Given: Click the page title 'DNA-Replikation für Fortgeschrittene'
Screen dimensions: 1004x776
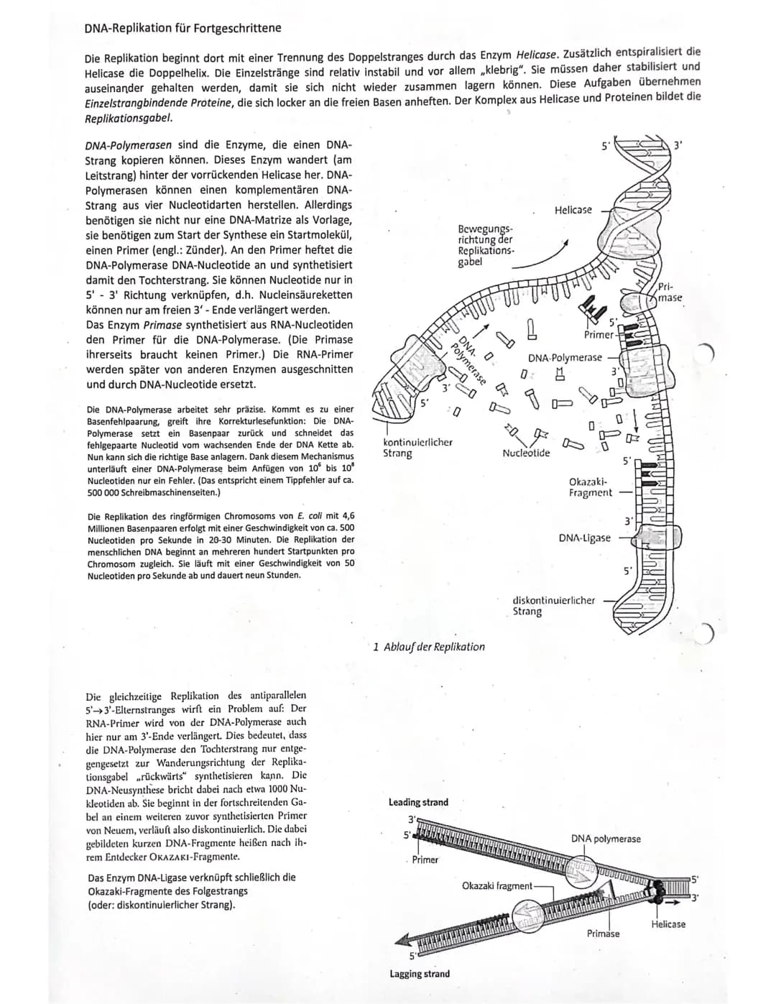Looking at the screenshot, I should (x=183, y=28).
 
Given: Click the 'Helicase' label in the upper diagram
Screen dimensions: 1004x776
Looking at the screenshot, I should (x=573, y=210).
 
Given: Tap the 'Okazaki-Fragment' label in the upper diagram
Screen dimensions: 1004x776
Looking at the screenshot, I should (x=590, y=487).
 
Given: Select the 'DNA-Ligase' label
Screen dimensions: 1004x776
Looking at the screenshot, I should (x=584, y=538).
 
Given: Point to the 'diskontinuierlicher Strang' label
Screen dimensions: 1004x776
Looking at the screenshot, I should (x=553, y=605).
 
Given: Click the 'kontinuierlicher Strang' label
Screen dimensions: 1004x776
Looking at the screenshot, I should (x=417, y=447).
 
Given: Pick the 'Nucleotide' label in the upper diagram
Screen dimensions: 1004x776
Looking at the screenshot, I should (x=526, y=453).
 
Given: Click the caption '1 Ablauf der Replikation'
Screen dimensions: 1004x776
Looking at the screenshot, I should (x=429, y=646).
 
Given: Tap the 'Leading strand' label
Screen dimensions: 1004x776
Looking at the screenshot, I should (x=418, y=802).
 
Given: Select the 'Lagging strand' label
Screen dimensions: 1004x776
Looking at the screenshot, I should (x=420, y=974).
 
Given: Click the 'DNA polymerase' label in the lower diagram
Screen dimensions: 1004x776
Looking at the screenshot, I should (x=606, y=839).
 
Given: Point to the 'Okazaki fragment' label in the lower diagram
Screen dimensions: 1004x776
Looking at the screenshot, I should (x=497, y=885).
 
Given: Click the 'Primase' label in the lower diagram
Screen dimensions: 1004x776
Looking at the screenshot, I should (x=603, y=933).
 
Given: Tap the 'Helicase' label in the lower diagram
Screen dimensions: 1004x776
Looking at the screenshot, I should (x=668, y=924).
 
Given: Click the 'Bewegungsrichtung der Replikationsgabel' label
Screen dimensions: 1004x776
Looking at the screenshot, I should (x=485, y=245).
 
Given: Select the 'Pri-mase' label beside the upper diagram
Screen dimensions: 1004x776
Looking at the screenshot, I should (x=670, y=293).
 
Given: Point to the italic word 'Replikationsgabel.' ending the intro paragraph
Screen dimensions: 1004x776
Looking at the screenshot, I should (x=129, y=117).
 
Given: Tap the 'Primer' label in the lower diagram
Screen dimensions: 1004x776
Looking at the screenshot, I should (x=425, y=860).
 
